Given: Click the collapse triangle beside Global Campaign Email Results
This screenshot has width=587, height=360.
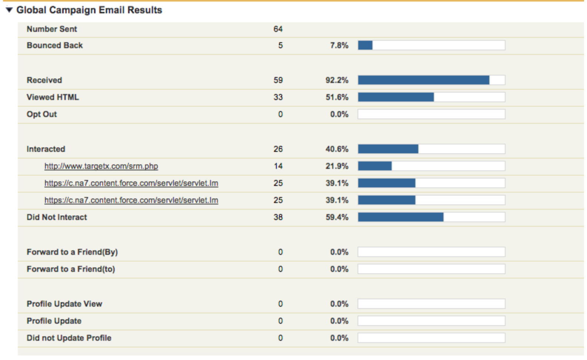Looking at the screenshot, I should click(9, 10).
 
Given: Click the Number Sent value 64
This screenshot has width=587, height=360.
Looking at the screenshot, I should click(278, 29).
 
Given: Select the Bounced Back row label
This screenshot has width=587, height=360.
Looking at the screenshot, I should click(55, 45).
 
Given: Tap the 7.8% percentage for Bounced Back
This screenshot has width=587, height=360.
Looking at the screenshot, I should click(339, 45).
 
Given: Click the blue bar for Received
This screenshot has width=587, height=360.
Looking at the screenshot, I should click(423, 80).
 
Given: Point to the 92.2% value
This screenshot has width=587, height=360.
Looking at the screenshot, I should click(337, 80).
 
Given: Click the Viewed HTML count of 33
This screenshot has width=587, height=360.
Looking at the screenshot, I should click(278, 97).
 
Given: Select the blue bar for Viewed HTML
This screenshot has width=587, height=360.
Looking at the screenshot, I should click(396, 97).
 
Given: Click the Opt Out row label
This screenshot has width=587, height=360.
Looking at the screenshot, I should click(42, 114).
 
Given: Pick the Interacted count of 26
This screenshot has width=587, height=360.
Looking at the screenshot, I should click(278, 149).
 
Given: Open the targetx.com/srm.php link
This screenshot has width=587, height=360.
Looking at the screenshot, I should click(101, 166).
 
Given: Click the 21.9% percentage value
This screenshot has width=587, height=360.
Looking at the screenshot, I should click(337, 166).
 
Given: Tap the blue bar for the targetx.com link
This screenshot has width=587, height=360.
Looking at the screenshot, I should click(375, 166).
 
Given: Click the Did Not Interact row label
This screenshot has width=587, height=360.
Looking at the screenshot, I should click(57, 217).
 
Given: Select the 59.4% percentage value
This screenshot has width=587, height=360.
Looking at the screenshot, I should click(337, 217).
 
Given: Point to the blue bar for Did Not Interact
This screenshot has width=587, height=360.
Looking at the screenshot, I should click(400, 217).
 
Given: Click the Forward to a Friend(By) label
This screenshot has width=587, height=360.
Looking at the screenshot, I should click(72, 252).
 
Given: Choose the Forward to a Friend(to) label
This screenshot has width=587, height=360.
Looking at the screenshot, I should click(71, 269).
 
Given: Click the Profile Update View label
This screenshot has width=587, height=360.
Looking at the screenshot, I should click(64, 304).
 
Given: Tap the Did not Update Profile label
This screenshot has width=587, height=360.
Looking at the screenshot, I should click(69, 338).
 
